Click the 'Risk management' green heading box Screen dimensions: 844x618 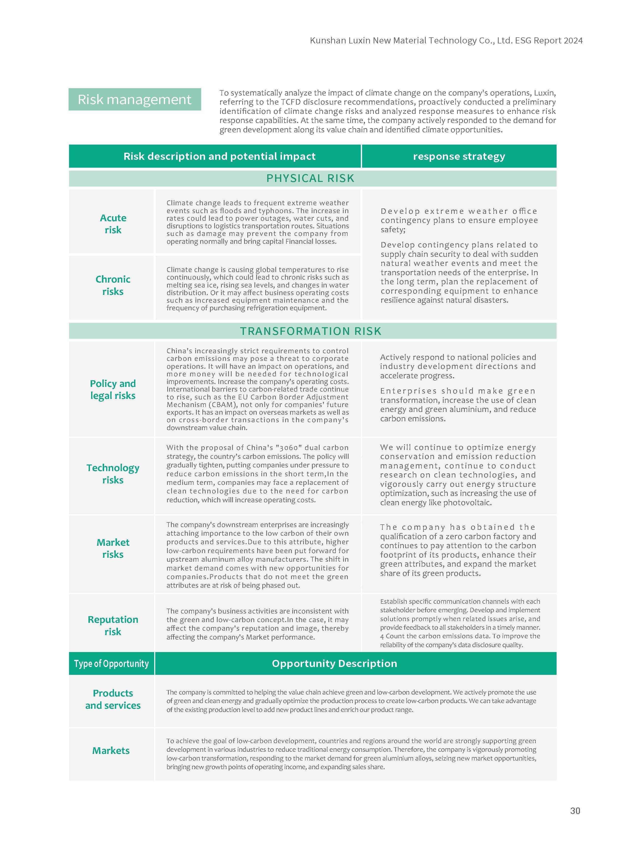[134, 99]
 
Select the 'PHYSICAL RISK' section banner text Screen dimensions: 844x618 [310, 178]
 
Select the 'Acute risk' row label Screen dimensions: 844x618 [113, 224]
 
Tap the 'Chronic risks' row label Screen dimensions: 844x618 [113, 285]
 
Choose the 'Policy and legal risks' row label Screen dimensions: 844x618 [113, 390]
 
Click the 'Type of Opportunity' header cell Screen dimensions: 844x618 [112, 664]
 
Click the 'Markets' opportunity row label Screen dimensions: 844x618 [111, 750]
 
